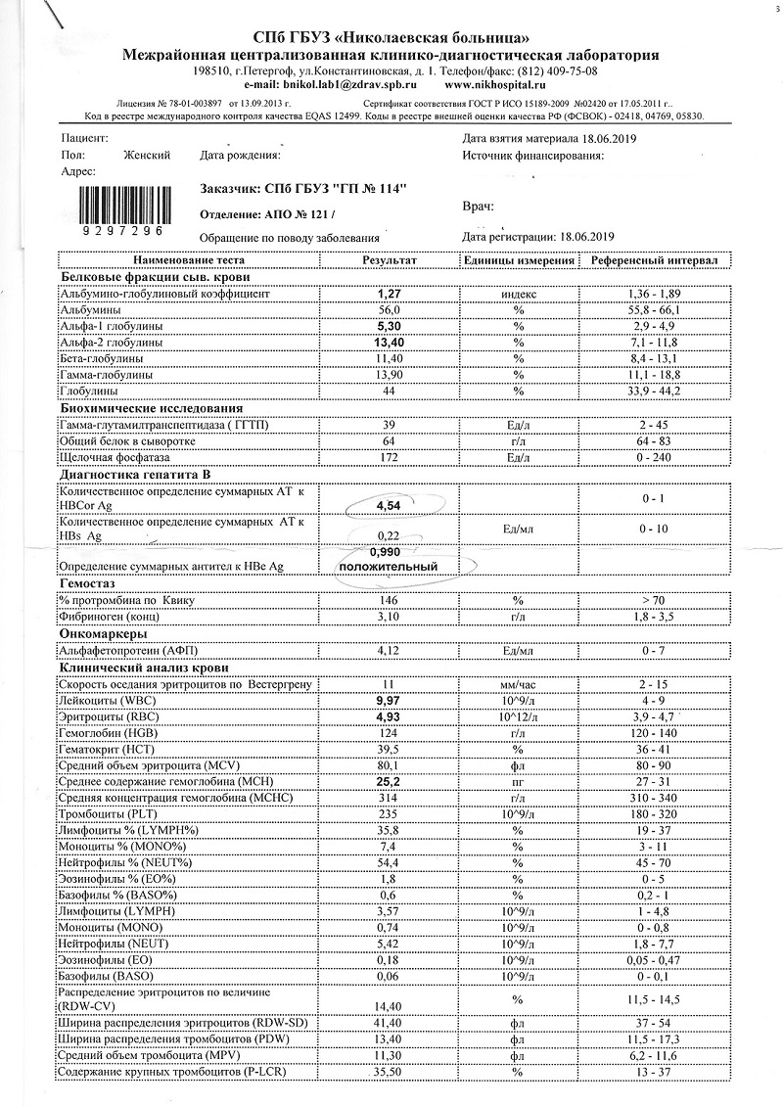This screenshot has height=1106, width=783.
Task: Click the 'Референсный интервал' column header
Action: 650,261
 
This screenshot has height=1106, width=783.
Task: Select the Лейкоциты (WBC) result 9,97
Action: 390,702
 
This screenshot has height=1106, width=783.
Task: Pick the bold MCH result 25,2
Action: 390,782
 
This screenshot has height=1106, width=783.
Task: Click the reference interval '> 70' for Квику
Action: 650,598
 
